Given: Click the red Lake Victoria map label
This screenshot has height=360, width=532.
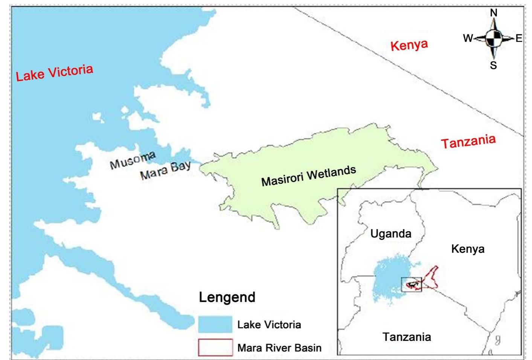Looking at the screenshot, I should click(x=54, y=73).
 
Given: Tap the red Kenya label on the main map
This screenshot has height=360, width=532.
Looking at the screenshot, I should click(x=409, y=45).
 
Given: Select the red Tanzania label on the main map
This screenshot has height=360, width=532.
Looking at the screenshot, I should click(x=468, y=142).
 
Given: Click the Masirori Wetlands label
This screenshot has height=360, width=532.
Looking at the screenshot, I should click(x=309, y=175).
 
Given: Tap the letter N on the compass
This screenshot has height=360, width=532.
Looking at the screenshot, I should click(x=494, y=13).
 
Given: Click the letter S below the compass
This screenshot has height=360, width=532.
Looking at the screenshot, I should click(x=493, y=66).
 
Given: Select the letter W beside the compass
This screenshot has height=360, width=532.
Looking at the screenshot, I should click(x=468, y=38).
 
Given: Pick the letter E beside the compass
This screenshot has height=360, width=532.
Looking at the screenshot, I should click(x=519, y=38).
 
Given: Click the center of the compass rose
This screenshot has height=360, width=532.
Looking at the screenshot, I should click(x=494, y=38).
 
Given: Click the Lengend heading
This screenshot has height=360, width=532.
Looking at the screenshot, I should click(x=227, y=297).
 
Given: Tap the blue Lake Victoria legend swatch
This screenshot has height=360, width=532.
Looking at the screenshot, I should click(x=215, y=324).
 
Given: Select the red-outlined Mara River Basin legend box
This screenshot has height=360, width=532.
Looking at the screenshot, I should click(x=215, y=347).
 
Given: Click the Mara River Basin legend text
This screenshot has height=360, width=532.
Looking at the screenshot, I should click(x=279, y=348).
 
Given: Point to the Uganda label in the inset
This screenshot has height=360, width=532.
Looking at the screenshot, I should click(x=390, y=234).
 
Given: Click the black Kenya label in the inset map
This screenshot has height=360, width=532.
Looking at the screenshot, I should click(x=468, y=249).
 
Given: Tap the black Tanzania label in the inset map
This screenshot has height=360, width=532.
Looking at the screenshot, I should click(x=407, y=336).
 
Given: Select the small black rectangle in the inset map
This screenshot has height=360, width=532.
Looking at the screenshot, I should click(x=412, y=284).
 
